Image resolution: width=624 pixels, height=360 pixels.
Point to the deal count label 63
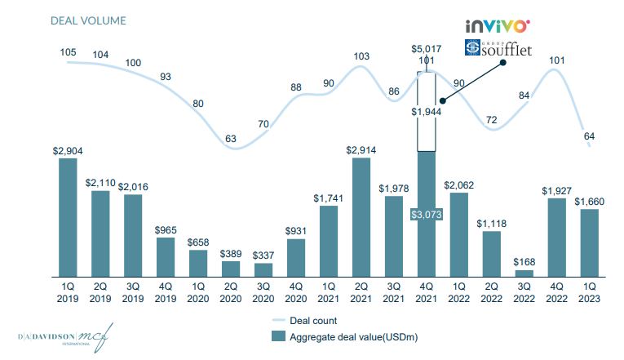[231, 139]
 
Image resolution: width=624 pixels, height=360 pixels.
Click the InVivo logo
[498, 27]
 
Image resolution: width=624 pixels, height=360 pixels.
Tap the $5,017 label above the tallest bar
[426, 49]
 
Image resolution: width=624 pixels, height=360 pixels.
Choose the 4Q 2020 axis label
[296, 294]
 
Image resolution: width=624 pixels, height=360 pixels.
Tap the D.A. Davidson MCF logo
[65, 336]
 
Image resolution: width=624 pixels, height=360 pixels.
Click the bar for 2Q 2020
[231, 269]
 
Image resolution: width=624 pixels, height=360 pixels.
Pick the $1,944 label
[426, 111]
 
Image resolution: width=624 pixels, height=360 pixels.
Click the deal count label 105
[69, 53]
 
